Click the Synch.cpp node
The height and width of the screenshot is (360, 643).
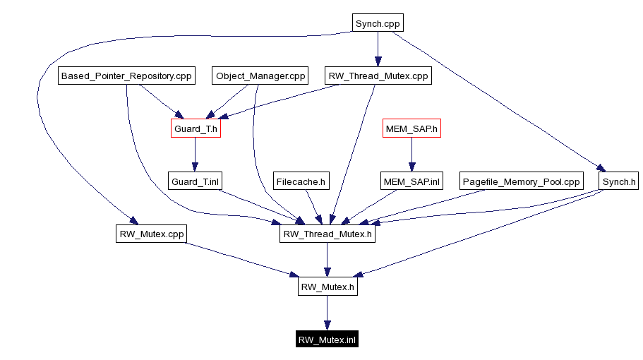click(378, 23)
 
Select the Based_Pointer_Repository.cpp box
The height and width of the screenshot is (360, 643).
click(126, 76)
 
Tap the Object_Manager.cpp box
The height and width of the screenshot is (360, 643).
click(260, 76)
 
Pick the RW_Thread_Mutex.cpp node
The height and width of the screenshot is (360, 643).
click(378, 76)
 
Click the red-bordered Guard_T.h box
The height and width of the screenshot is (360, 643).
click(196, 128)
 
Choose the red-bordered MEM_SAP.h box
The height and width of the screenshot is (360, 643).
click(411, 128)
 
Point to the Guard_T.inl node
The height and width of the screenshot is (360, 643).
click(196, 181)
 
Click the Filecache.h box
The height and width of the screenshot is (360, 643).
click(301, 181)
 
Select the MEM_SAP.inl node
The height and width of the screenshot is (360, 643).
click(411, 181)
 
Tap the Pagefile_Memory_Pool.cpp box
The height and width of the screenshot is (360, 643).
click(521, 181)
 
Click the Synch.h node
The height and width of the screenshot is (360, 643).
click(618, 181)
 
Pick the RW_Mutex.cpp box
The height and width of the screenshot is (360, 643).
click(151, 234)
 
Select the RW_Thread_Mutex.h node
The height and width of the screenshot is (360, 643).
click(327, 234)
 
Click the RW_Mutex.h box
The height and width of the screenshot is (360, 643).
click(327, 287)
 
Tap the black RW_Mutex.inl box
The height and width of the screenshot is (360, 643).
click(327, 340)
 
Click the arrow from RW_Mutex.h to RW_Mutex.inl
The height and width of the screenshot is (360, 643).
click(327, 313)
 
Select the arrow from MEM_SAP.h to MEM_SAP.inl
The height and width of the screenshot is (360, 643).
click(411, 155)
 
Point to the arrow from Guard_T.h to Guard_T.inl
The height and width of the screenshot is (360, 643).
click(196, 155)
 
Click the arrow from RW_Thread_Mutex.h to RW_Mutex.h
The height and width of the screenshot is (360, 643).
click(327, 260)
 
